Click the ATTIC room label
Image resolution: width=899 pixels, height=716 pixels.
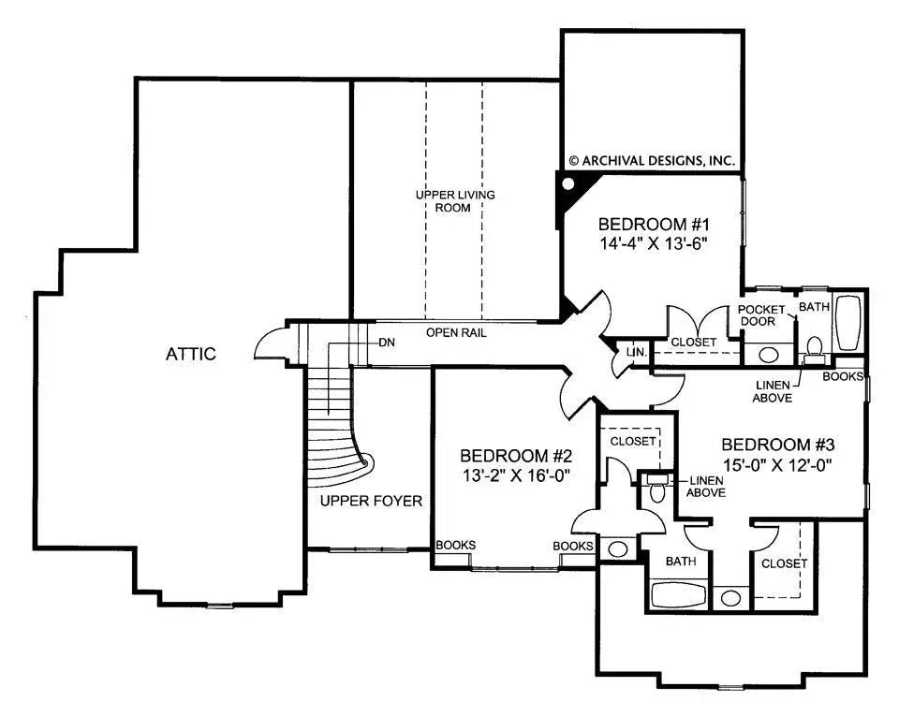click(x=191, y=354)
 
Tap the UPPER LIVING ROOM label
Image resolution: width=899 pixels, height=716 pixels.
click(x=455, y=201)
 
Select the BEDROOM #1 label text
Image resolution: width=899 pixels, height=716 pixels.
click(x=656, y=225)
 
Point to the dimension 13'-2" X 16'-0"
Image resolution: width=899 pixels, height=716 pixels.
click(x=515, y=475)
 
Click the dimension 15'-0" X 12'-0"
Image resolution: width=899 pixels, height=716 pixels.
click(x=776, y=463)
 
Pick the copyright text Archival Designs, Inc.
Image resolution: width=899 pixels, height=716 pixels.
click(x=652, y=160)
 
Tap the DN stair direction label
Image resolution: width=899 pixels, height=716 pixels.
click(x=387, y=342)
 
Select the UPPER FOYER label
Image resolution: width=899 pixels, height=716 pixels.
click(x=371, y=501)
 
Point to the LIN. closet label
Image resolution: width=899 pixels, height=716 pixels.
click(x=636, y=352)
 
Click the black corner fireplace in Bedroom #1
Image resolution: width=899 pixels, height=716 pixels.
click(x=567, y=194)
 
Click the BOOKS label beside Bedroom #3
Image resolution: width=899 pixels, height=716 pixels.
click(x=842, y=376)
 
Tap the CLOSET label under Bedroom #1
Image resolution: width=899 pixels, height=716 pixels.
click(x=693, y=343)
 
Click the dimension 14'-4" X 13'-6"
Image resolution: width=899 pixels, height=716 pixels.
click(x=656, y=243)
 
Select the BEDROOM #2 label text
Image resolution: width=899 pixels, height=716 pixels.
click(x=515, y=456)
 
